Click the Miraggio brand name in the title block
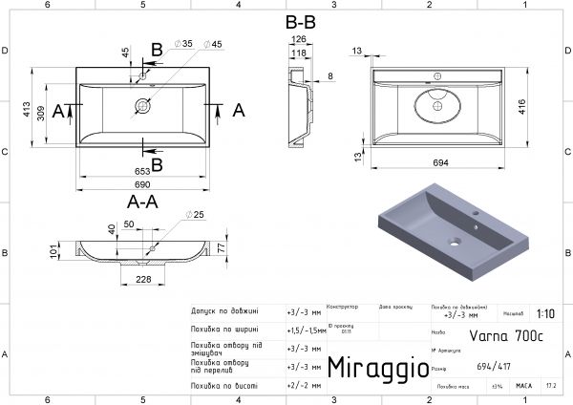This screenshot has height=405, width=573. [372, 368]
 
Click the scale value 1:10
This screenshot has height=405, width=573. [544, 312]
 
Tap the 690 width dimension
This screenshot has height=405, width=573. [143, 182]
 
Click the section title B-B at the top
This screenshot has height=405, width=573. [302, 20]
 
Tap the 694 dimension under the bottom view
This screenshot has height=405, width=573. [441, 163]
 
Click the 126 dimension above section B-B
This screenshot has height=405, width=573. [298, 39]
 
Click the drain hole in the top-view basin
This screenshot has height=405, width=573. [143, 106]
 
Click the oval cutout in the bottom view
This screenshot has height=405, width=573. [438, 104]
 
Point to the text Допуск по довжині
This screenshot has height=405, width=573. [225, 311]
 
